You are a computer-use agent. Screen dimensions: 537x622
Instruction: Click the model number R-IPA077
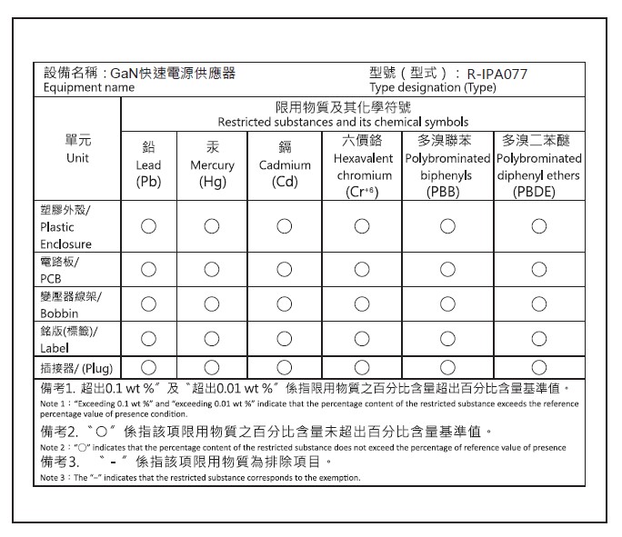[x=497, y=74]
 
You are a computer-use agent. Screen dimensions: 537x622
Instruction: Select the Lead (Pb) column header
[x=148, y=164]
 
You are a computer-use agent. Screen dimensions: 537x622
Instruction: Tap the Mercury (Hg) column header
[x=212, y=164]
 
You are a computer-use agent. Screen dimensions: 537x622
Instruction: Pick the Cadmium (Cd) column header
[x=285, y=164]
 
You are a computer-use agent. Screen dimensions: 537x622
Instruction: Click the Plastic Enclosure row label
[x=66, y=226]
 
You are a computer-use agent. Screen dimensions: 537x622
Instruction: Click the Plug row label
[x=75, y=368]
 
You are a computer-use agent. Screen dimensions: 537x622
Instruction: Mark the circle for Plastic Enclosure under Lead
[x=148, y=226]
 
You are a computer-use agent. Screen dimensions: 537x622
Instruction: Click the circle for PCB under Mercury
[x=212, y=270]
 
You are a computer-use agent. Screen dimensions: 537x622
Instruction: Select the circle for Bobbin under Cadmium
[x=285, y=304]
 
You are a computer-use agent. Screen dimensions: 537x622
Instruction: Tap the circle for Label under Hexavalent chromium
[x=363, y=339]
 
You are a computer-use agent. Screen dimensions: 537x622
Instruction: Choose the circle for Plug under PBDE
[x=538, y=368]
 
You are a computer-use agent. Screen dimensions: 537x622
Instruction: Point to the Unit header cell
[x=77, y=149]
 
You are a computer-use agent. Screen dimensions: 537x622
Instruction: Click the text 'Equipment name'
[x=88, y=88]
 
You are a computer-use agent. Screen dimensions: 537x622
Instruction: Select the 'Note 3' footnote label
[x=55, y=477]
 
